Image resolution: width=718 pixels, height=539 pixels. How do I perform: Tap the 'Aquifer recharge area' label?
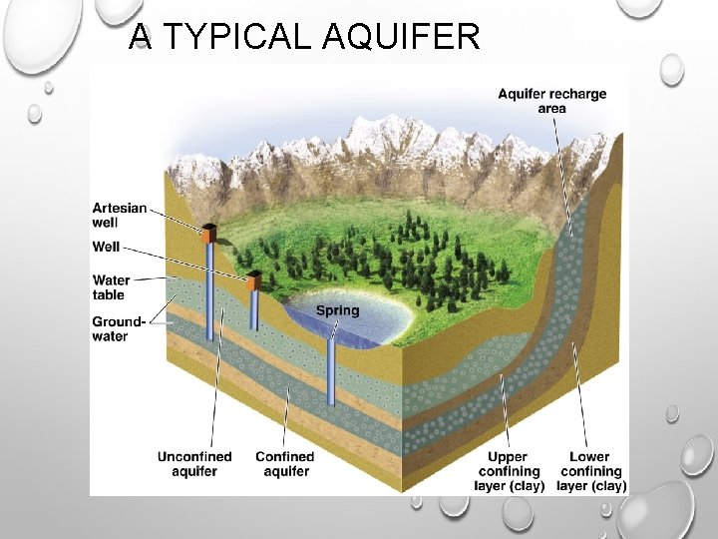551,101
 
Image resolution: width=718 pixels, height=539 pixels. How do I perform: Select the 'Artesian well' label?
120,215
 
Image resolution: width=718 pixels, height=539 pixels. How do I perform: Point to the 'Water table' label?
111,287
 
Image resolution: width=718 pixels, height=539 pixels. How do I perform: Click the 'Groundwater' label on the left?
119,328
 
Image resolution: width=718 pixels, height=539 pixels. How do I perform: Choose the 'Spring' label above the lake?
337,310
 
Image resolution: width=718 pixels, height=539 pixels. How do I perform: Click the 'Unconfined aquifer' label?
193,463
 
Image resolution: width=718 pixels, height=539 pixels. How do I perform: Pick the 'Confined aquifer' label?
284,463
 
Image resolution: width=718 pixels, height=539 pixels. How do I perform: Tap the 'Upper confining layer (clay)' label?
509,471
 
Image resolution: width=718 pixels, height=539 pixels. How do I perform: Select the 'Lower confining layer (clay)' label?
590,471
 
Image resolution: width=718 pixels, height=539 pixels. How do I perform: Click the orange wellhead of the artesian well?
208,235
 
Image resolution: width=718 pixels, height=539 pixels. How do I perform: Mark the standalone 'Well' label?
107,245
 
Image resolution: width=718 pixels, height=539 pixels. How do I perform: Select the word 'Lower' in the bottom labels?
590,457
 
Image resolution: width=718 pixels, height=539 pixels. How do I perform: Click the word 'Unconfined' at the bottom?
193,456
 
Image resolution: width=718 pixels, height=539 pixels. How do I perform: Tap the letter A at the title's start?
142,36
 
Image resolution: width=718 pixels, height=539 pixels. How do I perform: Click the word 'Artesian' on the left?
120,208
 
